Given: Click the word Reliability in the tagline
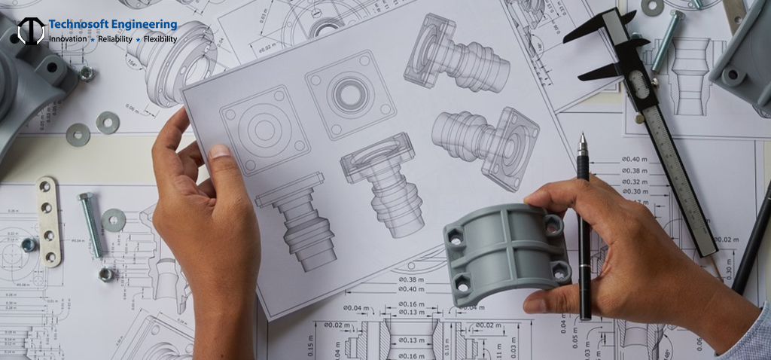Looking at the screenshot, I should (x=114, y=38).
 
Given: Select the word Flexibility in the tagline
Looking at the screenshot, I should (x=160, y=38).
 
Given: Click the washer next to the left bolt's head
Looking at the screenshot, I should (x=114, y=220).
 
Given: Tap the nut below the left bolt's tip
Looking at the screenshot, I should (x=106, y=273).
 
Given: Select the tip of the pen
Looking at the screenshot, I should (x=582, y=139).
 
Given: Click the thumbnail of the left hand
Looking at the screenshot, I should (x=218, y=152).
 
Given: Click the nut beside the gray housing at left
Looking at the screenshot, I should (x=87, y=73).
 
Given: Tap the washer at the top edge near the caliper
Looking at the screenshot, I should (x=652, y=6).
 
